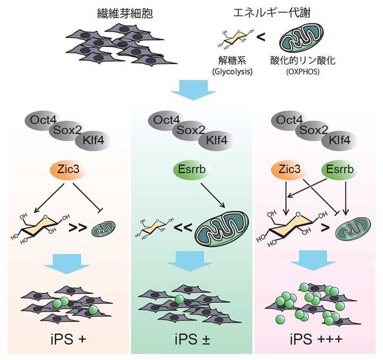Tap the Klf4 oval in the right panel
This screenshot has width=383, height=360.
tap(341, 140)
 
